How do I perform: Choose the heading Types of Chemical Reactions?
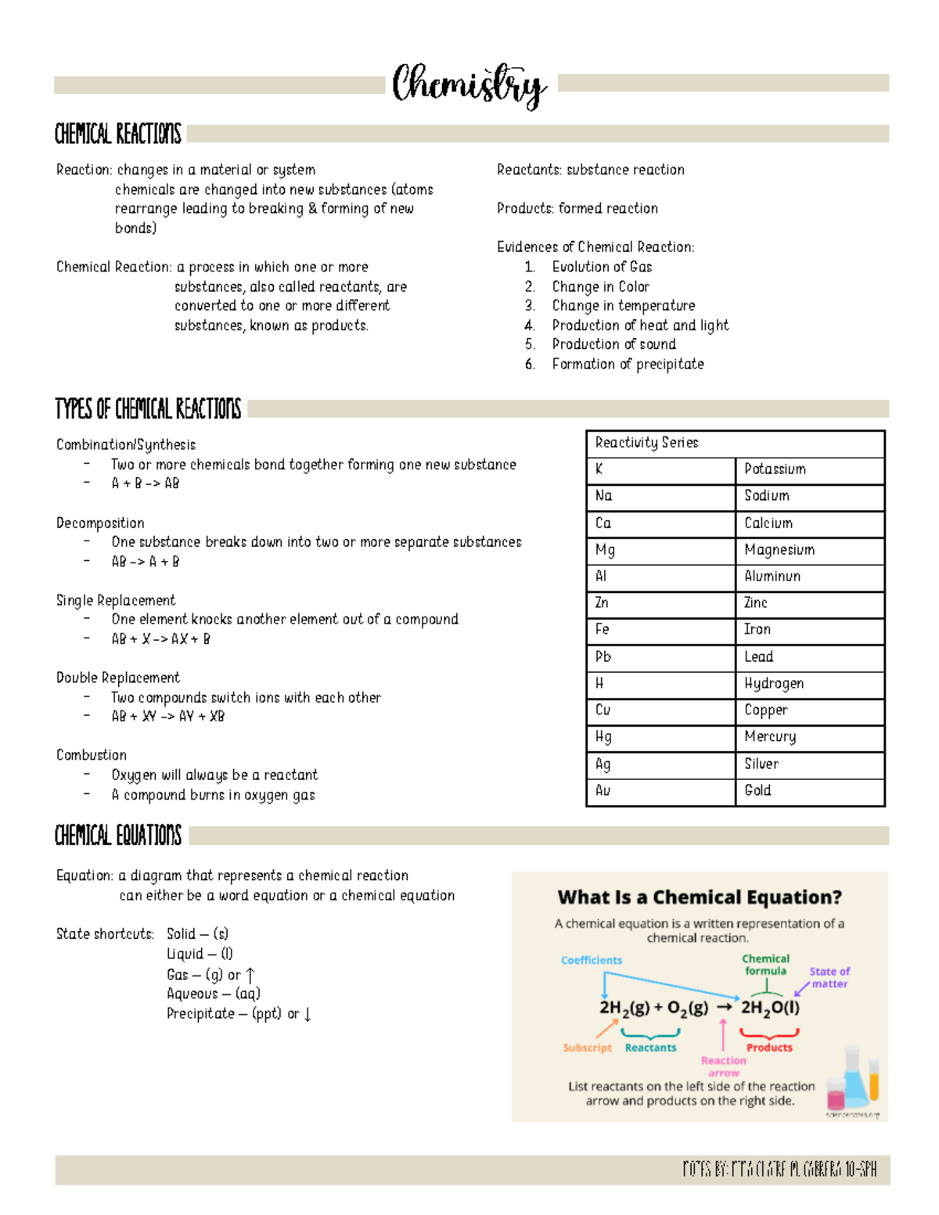(148, 408)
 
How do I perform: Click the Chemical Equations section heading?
(118, 836)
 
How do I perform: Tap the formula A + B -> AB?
(146, 483)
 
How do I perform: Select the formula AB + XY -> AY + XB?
(167, 717)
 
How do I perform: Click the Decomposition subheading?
(100, 523)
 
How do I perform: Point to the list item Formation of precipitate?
(628, 364)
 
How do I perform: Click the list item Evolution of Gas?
(602, 267)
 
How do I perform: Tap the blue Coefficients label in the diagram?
(592, 960)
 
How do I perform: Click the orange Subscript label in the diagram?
(587, 1048)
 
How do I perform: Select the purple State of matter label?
(829, 977)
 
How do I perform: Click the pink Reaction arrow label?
(723, 1066)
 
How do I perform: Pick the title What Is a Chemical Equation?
(700, 897)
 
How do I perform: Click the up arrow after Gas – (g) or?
(250, 976)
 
